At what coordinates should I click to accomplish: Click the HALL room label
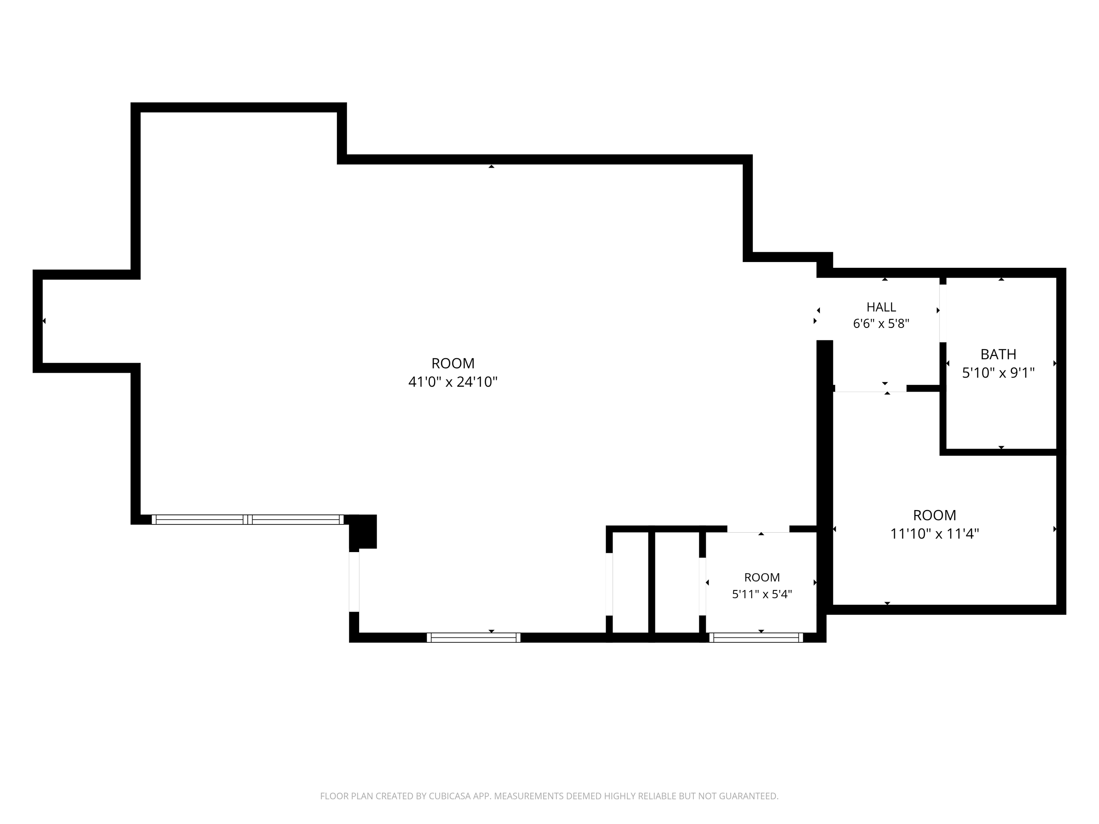point(881,307)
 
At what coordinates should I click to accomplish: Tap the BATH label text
point(998,354)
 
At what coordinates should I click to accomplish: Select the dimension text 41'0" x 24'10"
point(453,382)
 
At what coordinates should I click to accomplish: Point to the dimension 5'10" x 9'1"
point(998,372)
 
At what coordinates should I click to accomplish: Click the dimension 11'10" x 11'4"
point(934,534)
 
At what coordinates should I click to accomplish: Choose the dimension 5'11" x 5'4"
point(762,594)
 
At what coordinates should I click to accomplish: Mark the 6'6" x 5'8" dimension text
point(881,323)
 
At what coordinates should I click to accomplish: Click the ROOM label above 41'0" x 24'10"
point(453,363)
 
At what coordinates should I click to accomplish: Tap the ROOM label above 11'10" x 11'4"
point(934,515)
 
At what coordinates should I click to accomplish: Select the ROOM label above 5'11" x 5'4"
point(762,577)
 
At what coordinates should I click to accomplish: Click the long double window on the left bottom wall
point(247,520)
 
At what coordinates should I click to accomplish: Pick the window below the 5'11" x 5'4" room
point(756,638)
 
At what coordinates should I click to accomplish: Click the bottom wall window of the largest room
point(474,638)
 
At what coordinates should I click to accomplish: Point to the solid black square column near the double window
point(363,531)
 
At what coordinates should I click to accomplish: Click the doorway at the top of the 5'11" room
point(758,529)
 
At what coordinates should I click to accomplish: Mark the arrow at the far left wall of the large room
point(44,321)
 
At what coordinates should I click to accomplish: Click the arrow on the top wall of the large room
point(491,166)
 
